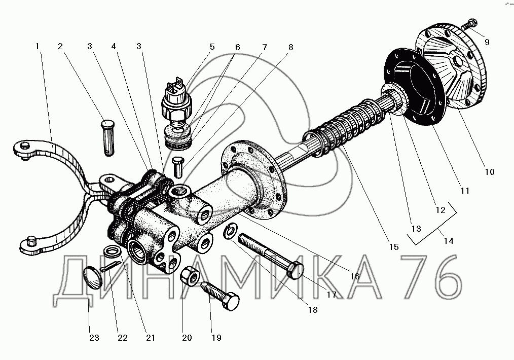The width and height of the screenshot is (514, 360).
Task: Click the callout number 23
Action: [94, 338]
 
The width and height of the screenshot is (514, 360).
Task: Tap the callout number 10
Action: [489, 172]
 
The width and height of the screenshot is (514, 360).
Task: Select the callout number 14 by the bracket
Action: [449, 241]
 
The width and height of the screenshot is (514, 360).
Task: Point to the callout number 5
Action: [212, 47]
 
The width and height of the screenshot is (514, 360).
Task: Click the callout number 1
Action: [38, 46]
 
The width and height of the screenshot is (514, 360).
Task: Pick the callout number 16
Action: [355, 276]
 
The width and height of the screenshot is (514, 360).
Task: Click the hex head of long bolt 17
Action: [296, 270]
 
